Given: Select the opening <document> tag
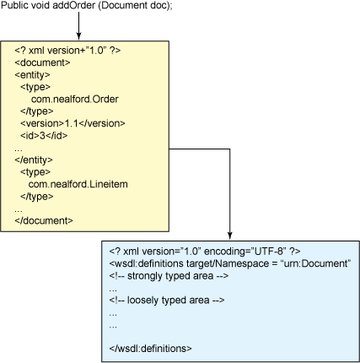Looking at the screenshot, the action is [x=42, y=62].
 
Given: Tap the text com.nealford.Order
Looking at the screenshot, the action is [x=75, y=99].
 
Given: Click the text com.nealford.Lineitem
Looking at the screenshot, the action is [x=78, y=184].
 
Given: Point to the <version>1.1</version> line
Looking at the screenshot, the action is [x=73, y=123].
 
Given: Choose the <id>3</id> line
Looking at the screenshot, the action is [x=44, y=136].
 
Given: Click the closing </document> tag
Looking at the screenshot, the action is [x=44, y=220].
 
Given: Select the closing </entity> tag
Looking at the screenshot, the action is [x=34, y=160].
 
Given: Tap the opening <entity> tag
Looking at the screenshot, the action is [x=32, y=75].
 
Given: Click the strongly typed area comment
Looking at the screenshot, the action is [x=169, y=276].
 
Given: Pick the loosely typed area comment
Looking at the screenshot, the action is [x=167, y=301].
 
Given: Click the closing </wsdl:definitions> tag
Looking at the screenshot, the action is [x=150, y=349].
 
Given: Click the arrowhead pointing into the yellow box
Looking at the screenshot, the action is [x=79, y=37].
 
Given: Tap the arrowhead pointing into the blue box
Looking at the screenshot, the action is [x=230, y=236].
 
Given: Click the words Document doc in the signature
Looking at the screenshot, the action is [x=134, y=5].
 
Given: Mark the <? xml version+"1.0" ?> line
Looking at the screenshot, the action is [x=67, y=51].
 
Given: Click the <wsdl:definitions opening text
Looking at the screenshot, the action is [x=147, y=263].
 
